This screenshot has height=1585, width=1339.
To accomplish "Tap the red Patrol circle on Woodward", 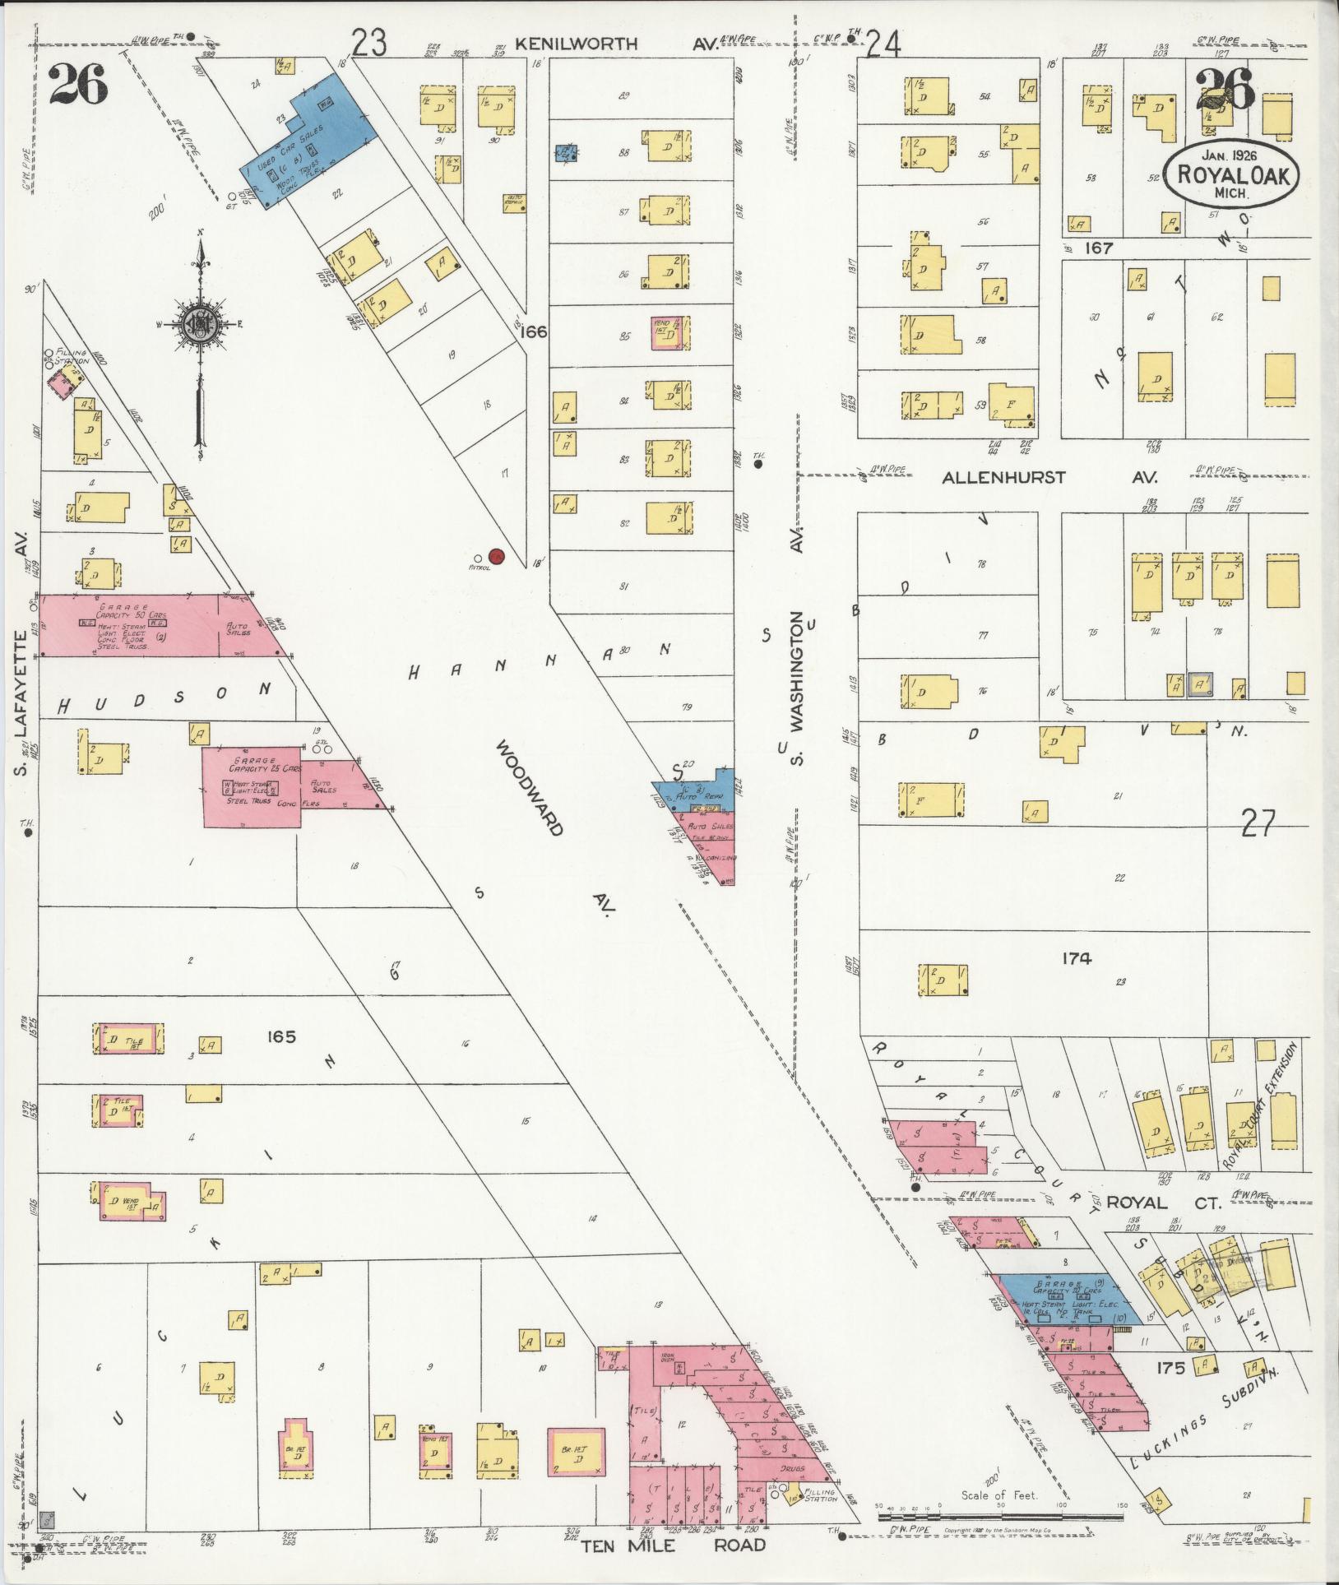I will click(x=496, y=557).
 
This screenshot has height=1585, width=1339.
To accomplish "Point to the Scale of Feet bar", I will click(x=999, y=1514).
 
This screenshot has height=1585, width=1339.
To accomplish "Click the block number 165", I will click(x=280, y=1038).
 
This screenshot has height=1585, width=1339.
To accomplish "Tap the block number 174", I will click(x=1076, y=958).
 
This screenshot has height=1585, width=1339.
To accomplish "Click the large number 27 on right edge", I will click(x=1258, y=823).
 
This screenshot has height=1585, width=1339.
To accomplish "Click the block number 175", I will click(x=1170, y=1369).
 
